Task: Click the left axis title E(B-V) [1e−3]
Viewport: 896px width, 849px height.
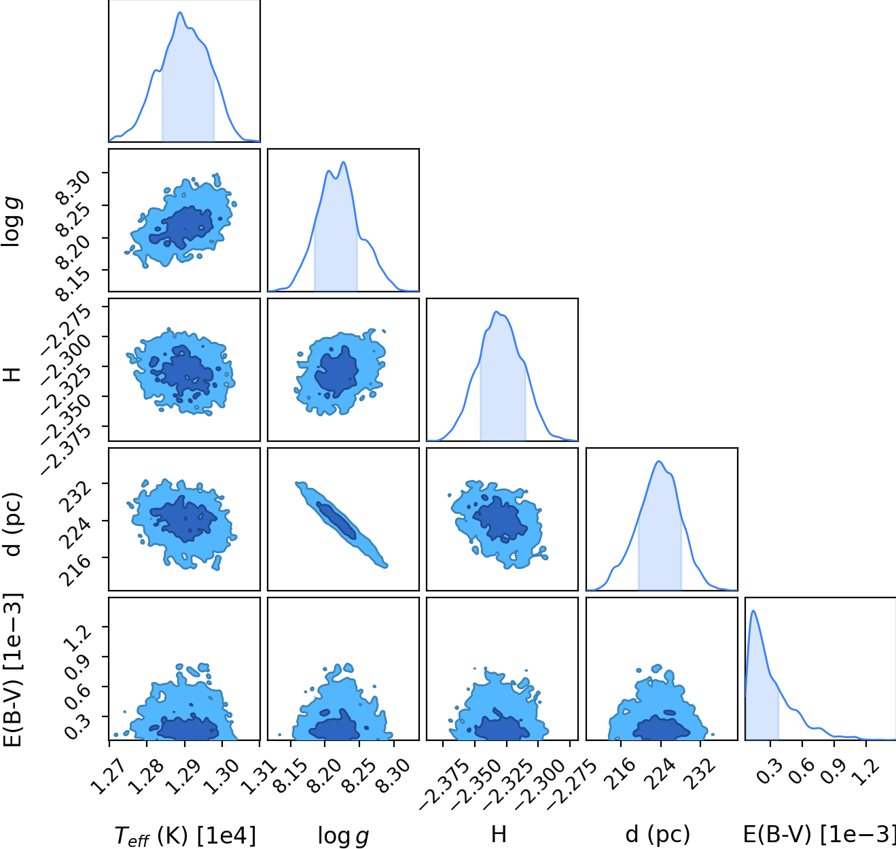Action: (x=12, y=670)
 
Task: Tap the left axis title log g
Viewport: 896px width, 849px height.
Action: (x=12, y=222)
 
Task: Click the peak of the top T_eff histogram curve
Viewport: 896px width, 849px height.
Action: (x=179, y=12)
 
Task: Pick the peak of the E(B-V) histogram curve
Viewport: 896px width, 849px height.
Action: (x=753, y=610)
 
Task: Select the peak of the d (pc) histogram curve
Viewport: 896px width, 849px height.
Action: (x=658, y=462)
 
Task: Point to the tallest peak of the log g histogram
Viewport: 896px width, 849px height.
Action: (x=344, y=162)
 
